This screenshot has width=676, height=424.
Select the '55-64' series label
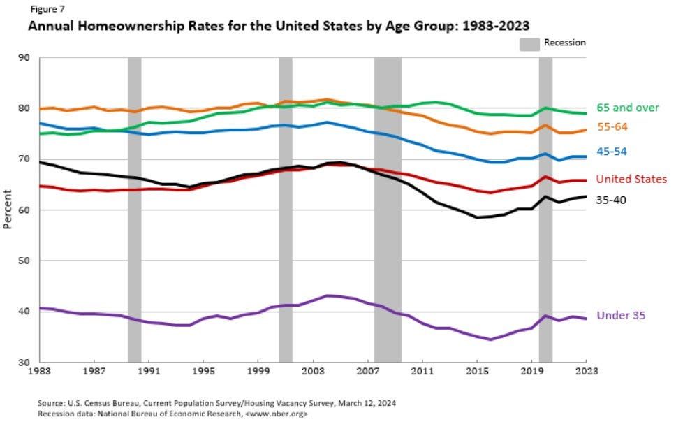[611, 127]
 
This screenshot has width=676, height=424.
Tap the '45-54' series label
[611, 152]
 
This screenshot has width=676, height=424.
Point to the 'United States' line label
[631, 180]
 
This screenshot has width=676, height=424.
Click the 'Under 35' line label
[620, 316]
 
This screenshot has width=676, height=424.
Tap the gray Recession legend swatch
[529, 43]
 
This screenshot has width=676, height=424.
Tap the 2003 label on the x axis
[313, 372]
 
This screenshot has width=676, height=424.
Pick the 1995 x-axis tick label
[203, 372]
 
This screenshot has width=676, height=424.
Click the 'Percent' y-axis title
[8, 210]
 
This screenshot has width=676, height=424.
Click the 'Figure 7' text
[43, 10]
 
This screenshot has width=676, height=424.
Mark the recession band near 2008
[388, 210]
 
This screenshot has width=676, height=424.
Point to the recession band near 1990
[134, 210]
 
